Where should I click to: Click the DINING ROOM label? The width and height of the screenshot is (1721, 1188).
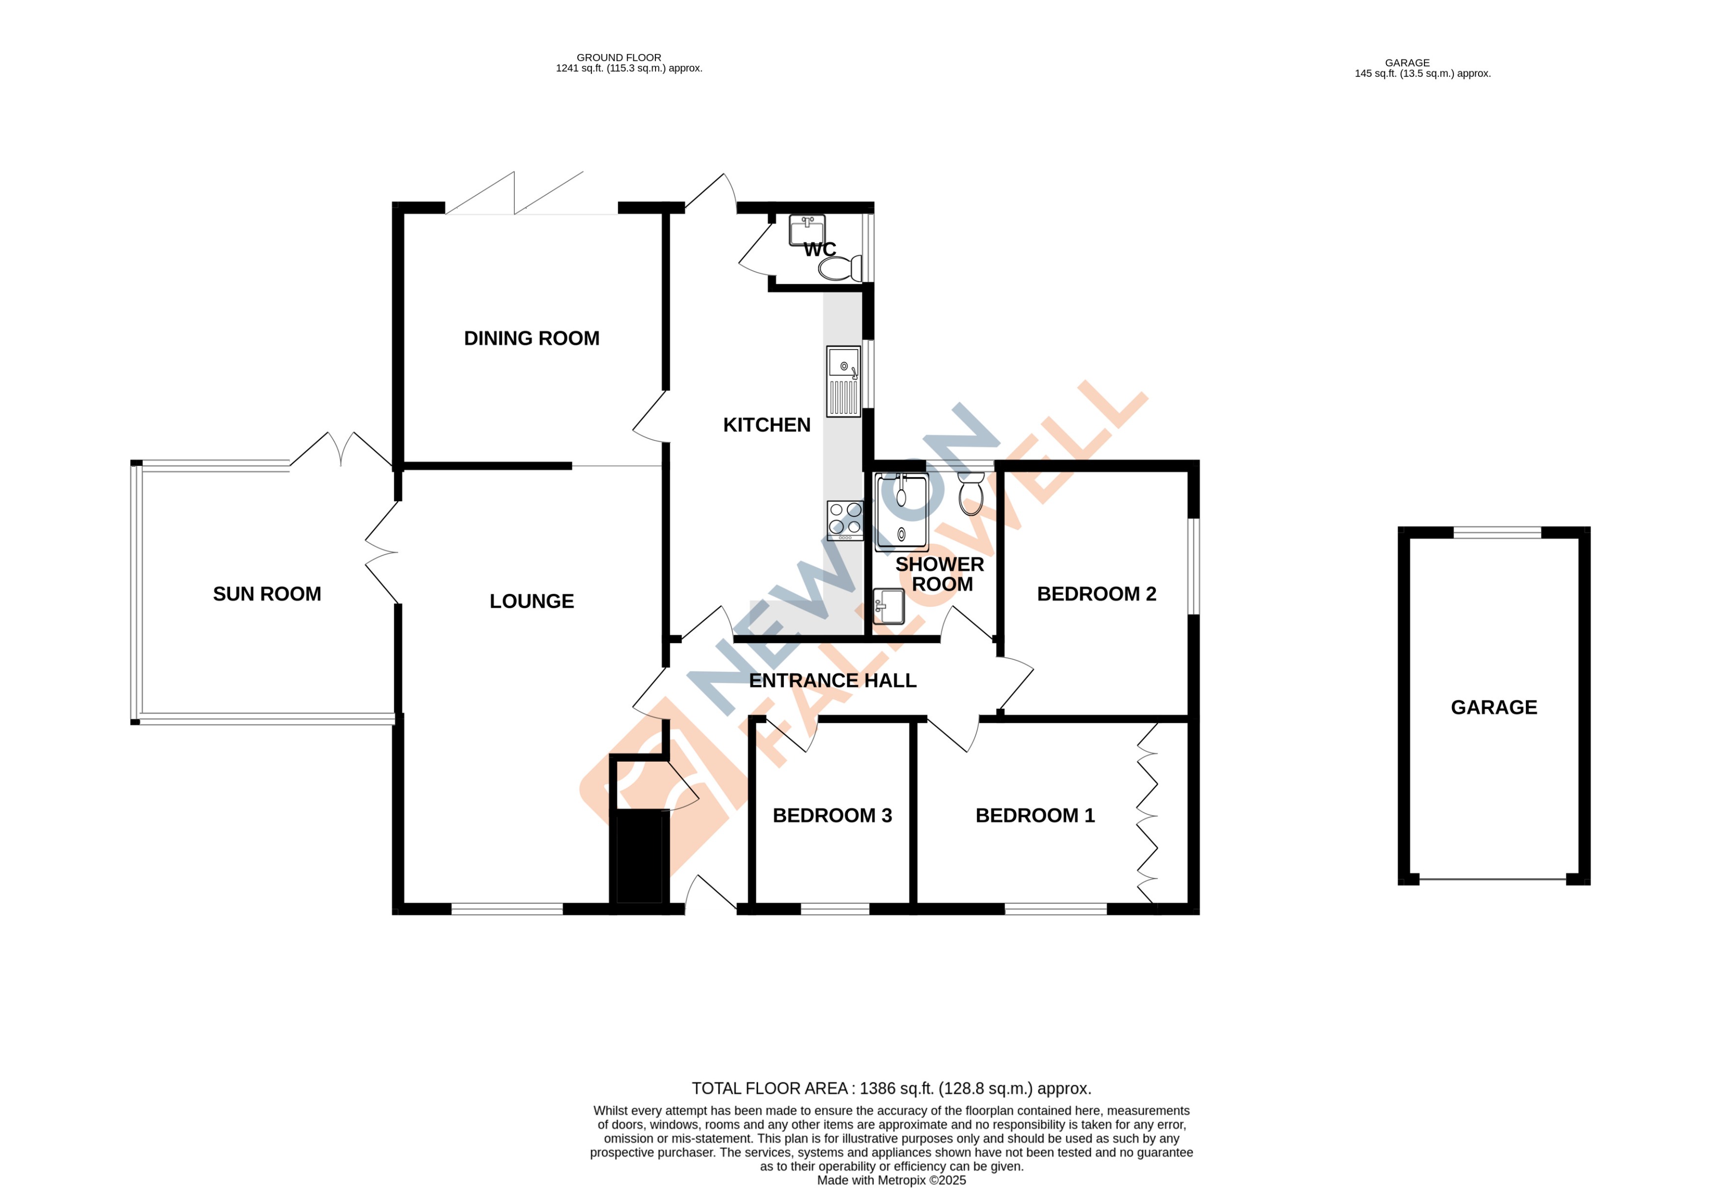(x=532, y=339)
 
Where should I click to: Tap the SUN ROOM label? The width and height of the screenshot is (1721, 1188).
(x=267, y=594)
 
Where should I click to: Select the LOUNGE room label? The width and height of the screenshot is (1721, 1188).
(x=532, y=601)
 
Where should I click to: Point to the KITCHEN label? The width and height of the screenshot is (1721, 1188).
(x=767, y=425)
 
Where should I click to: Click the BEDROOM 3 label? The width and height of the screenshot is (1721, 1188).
(x=831, y=816)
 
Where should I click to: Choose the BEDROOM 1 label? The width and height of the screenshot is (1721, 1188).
(x=1035, y=816)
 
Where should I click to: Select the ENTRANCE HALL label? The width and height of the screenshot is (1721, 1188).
(x=832, y=681)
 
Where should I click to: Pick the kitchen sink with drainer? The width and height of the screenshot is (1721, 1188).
(x=843, y=382)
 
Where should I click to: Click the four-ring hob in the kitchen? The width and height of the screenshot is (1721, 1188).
(x=845, y=520)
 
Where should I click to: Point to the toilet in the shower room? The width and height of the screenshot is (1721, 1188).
(x=972, y=495)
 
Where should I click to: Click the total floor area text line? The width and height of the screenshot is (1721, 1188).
(x=891, y=1088)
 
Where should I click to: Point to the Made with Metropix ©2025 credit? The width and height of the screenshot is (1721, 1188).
(x=891, y=1180)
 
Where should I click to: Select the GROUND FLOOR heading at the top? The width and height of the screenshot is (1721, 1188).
(x=619, y=58)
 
